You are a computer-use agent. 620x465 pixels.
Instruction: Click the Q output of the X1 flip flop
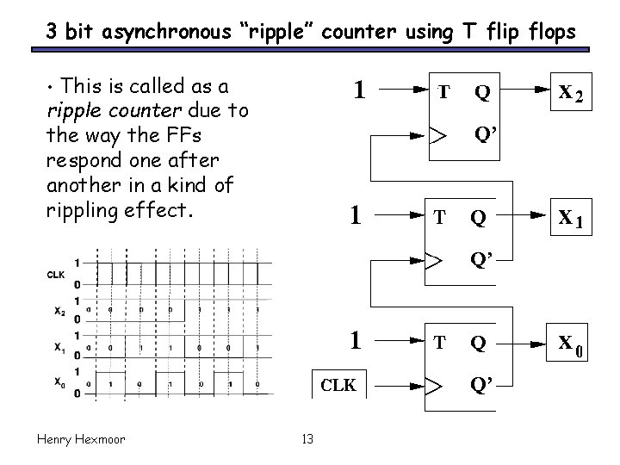478,220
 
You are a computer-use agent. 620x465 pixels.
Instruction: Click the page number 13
308,440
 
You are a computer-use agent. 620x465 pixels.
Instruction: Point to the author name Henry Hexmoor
81,439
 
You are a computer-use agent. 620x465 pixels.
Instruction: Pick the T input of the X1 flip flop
443,218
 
